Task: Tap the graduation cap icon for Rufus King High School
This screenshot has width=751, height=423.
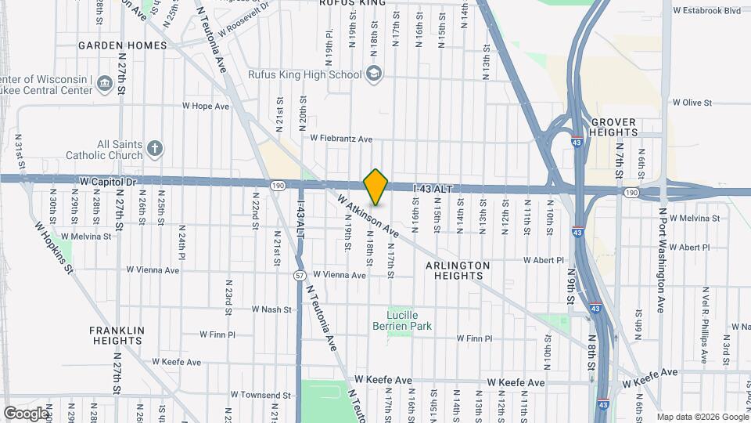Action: coord(375,74)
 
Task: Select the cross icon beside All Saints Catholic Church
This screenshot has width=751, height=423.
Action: coord(155,148)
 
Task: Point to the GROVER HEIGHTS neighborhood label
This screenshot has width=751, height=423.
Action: coord(614,127)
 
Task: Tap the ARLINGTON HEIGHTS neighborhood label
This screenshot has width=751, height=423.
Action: coord(458,271)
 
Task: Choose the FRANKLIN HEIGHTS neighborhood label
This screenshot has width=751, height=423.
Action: coord(117,335)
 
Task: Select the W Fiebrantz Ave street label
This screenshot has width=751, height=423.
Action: coord(341,139)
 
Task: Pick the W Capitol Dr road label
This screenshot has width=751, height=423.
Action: coord(109,181)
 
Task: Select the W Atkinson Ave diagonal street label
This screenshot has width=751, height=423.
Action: coord(368,216)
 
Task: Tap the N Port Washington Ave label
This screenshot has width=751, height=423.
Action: coord(661,260)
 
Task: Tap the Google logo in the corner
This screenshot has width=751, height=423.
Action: coord(26,413)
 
